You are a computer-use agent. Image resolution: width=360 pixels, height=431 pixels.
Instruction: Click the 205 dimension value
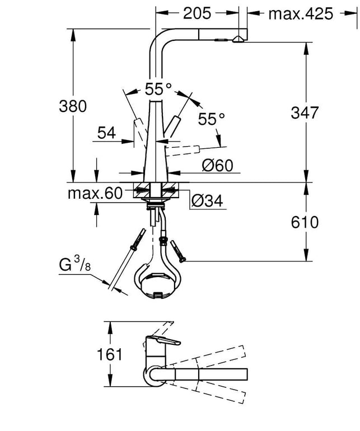pos(197,13)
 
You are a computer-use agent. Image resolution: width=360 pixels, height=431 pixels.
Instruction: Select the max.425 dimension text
pos(301,14)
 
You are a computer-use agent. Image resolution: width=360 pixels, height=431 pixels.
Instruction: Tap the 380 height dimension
pos(73,106)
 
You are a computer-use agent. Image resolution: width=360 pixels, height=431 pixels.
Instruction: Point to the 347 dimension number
pos(305,113)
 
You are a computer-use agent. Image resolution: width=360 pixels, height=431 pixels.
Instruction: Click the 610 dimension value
pos(305,222)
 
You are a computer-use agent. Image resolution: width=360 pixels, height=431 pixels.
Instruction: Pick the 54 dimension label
pos(107,133)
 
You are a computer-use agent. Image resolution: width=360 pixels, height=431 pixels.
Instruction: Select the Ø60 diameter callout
pos(217,166)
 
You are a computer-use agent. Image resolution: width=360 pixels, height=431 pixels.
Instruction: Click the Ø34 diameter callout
pos(207,201)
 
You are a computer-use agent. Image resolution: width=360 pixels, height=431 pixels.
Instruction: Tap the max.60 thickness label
pos(95,194)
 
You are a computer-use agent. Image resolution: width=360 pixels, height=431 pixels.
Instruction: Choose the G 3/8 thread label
pos(74,264)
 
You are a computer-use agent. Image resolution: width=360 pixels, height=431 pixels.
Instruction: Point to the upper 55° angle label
pos(158,89)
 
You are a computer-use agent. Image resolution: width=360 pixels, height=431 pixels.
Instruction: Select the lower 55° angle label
pos(212,119)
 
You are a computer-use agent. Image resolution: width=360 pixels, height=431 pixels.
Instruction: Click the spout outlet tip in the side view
pos(238,39)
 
